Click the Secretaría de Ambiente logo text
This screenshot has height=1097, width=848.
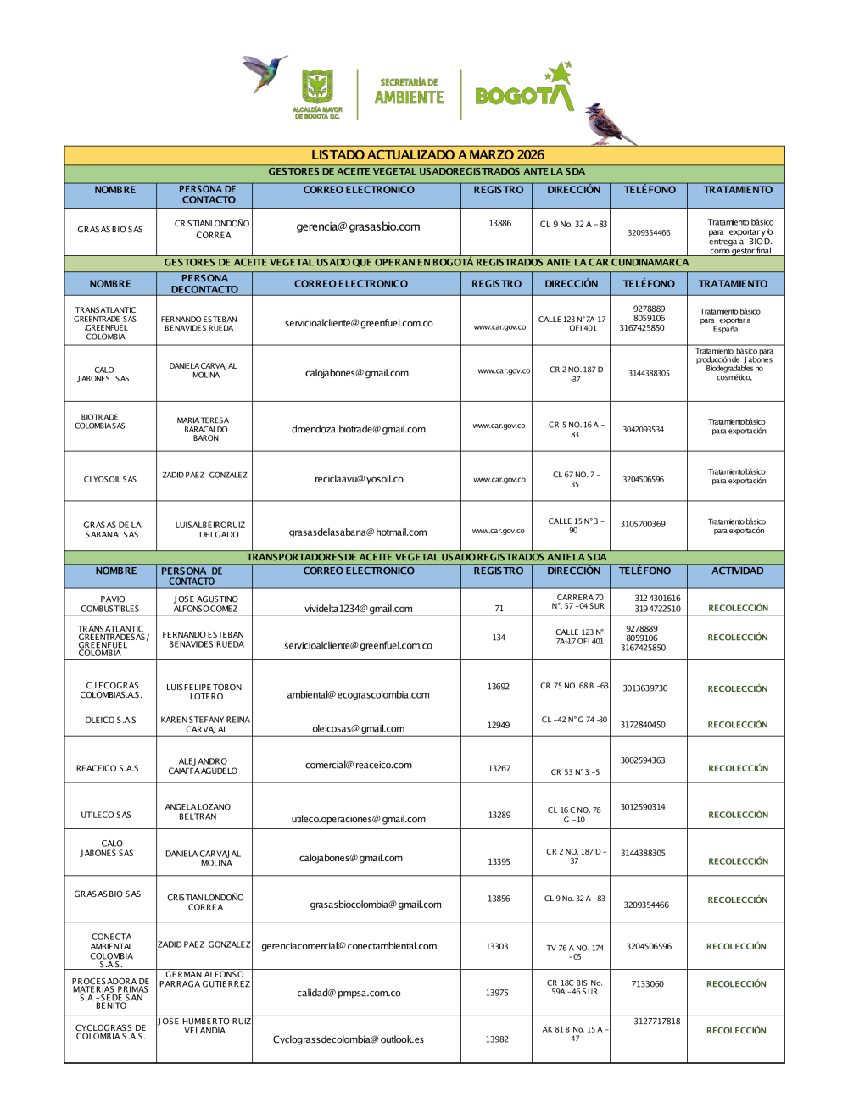click(x=409, y=92)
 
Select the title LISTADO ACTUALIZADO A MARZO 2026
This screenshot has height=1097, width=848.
click(x=427, y=155)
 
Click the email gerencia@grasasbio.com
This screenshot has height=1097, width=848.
click(x=358, y=227)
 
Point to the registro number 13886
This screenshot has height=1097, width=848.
click(x=499, y=224)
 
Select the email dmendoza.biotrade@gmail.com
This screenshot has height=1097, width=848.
click(x=359, y=429)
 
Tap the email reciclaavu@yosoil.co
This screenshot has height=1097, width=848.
click(x=359, y=479)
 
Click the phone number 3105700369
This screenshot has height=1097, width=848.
click(x=643, y=524)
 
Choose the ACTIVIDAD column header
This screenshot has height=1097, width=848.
click(x=737, y=571)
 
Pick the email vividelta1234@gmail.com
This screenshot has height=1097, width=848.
click(x=359, y=609)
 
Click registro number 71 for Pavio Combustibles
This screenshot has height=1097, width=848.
click(x=499, y=609)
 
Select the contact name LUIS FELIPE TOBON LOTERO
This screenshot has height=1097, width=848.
click(x=204, y=692)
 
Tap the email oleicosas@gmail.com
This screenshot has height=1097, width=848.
click(x=359, y=728)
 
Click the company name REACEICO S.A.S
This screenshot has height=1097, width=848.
click(x=108, y=769)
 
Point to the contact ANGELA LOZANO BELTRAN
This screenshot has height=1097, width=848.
click(x=198, y=812)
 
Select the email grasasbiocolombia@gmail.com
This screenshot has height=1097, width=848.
click(x=376, y=905)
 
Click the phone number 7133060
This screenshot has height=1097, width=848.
click(x=647, y=984)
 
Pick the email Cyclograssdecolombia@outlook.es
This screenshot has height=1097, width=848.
click(x=349, y=1039)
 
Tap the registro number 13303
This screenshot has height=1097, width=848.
click(x=497, y=947)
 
